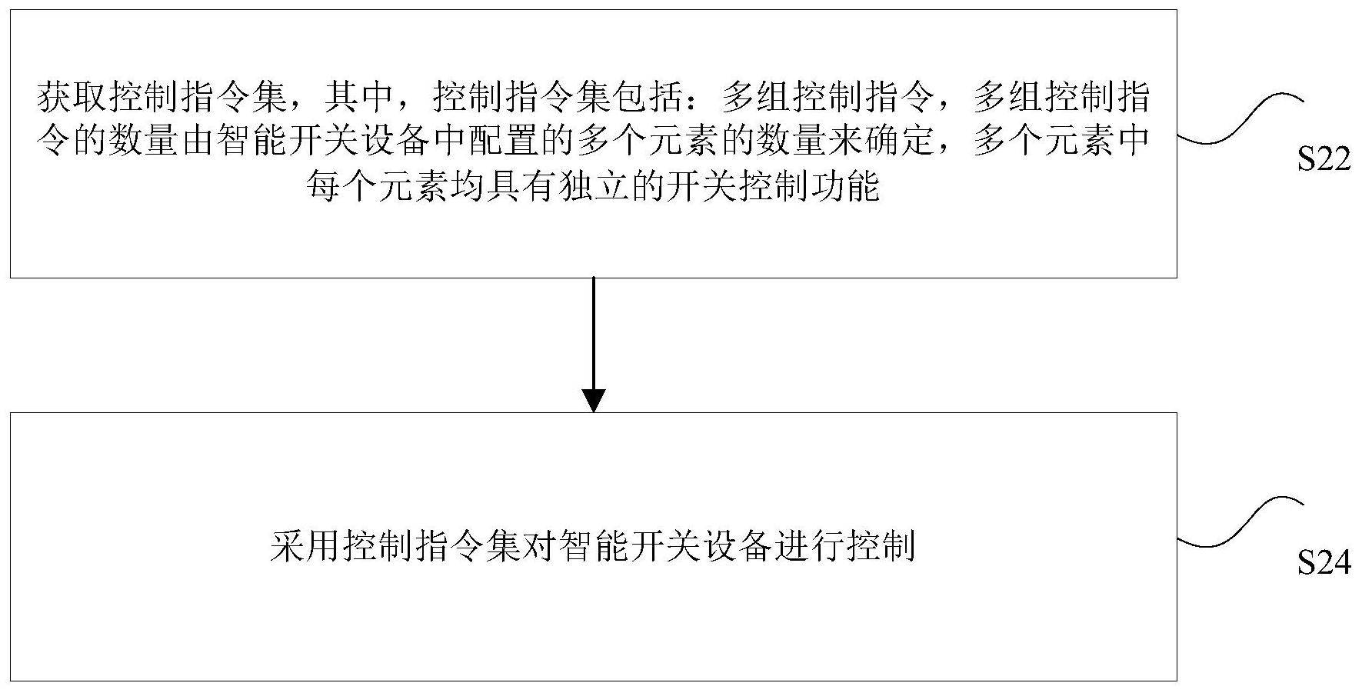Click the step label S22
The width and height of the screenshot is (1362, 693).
[x=1324, y=160]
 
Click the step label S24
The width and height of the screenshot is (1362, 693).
[x=1324, y=564]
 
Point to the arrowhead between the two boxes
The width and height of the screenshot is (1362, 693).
[x=594, y=401]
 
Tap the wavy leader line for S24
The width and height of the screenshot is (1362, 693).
[x=1240, y=521]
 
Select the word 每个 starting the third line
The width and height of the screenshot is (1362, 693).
[x=341, y=185]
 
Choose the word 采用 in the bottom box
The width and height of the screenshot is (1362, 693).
[x=305, y=547]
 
